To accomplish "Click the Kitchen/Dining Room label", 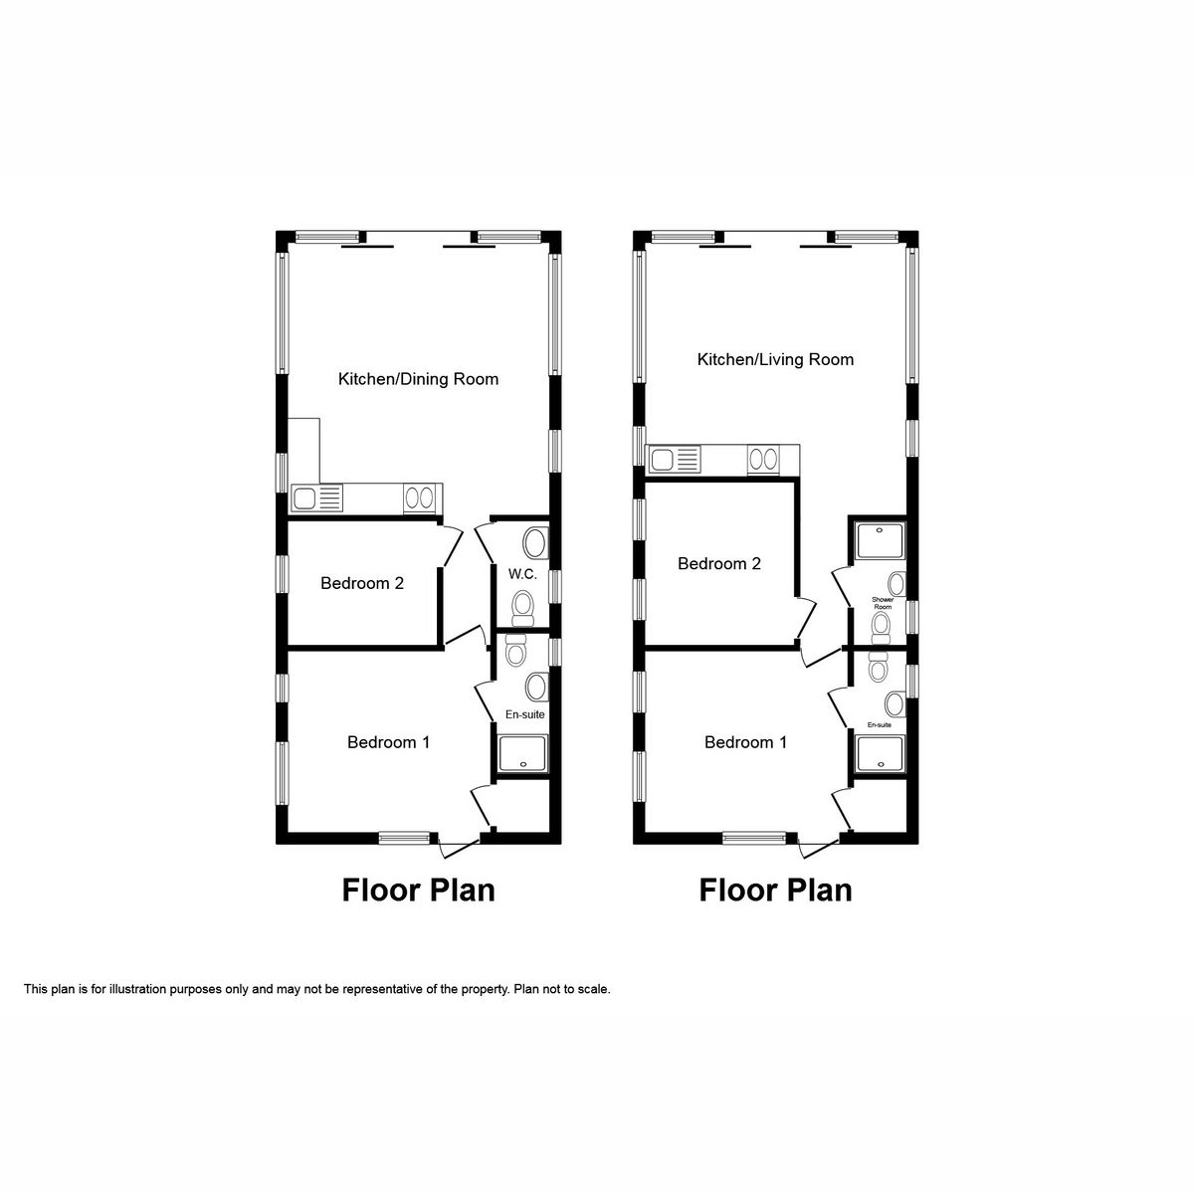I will (x=418, y=379).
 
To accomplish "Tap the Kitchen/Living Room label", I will (x=775, y=359).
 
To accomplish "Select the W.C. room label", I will (x=522, y=574).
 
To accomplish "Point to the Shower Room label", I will (x=882, y=603).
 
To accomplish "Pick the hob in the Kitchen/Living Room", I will (x=764, y=460).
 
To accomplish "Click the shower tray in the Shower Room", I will (x=878, y=540).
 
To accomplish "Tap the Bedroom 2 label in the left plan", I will (x=361, y=583).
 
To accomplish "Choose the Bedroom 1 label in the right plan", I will (x=745, y=742).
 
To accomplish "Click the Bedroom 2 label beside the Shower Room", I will (x=718, y=564).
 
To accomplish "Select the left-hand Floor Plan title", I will (x=418, y=889).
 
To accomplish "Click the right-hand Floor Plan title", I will (x=775, y=889).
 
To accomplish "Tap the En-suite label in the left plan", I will (x=524, y=714).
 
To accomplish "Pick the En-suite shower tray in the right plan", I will (x=878, y=753).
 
